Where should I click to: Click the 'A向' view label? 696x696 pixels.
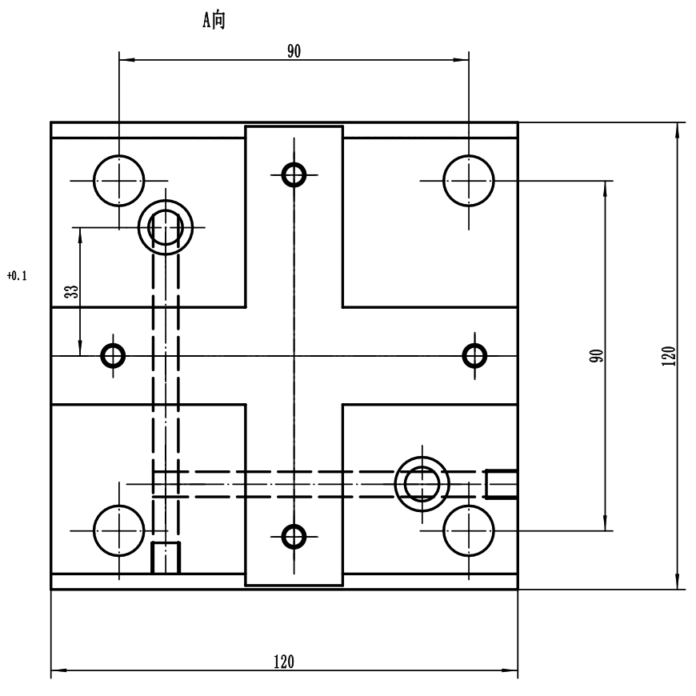point(213,22)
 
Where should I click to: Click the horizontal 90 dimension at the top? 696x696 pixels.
point(294,51)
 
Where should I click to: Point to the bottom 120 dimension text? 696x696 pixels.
point(283,662)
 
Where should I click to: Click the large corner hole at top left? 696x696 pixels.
point(118,181)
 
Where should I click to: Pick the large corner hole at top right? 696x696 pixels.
point(469,181)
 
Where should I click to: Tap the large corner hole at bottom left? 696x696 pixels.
point(118,530)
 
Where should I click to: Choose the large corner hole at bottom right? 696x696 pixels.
point(469,530)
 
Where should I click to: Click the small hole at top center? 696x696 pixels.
point(294,174)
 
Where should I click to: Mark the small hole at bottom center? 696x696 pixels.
point(294,535)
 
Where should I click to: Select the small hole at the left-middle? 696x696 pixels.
point(113,354)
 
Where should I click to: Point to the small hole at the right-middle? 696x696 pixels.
point(476,354)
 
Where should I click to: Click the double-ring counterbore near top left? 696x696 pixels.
point(166,228)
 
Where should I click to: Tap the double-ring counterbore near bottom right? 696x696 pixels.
point(422,483)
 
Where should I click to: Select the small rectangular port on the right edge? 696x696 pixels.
point(502,483)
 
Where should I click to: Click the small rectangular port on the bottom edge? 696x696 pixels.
point(166,558)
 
